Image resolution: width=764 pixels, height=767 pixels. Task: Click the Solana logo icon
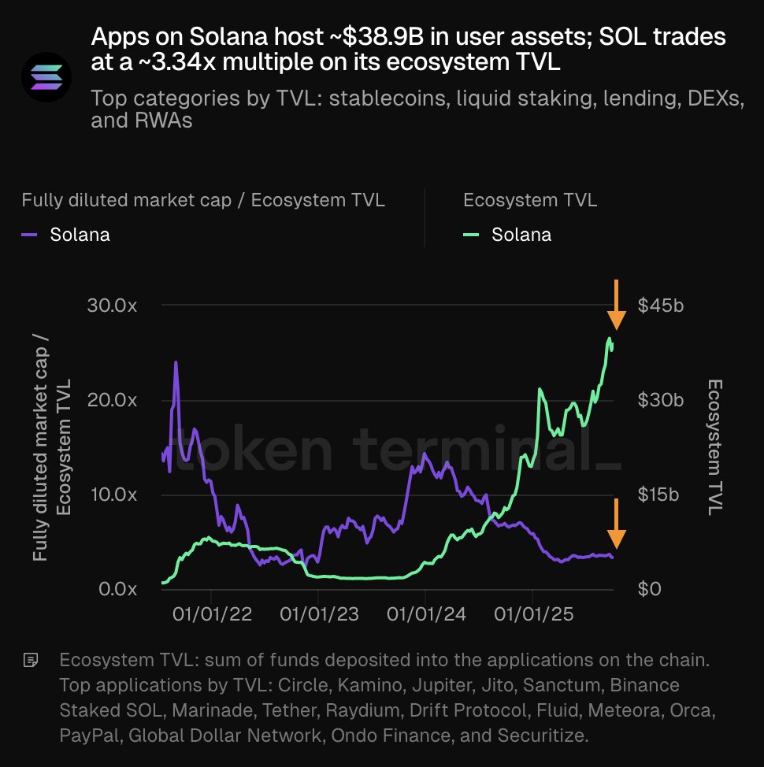click(x=46, y=76)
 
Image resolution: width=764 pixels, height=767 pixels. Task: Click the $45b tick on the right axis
click(x=660, y=306)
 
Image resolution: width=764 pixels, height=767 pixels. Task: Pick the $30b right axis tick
click(x=660, y=400)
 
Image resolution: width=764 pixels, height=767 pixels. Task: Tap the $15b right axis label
click(x=659, y=495)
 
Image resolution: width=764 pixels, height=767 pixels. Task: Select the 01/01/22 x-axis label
click(x=213, y=614)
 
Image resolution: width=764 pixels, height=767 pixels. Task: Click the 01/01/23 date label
click(x=319, y=614)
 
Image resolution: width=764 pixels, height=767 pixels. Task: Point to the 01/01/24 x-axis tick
click(x=425, y=614)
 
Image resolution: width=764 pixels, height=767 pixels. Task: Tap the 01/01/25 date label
click(x=532, y=614)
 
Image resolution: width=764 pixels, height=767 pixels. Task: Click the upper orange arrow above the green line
click(x=617, y=305)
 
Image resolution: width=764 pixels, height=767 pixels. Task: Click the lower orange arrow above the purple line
click(x=617, y=523)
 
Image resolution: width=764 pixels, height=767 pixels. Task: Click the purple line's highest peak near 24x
click(x=176, y=363)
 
